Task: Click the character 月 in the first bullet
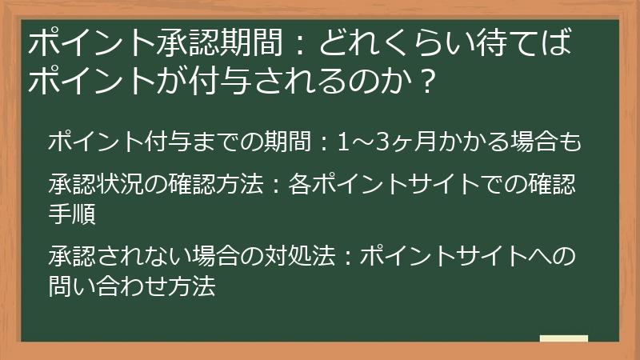click(421, 142)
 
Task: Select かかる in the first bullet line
click(471, 142)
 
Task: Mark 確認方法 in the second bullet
click(216, 185)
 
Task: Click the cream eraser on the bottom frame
click(563, 339)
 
